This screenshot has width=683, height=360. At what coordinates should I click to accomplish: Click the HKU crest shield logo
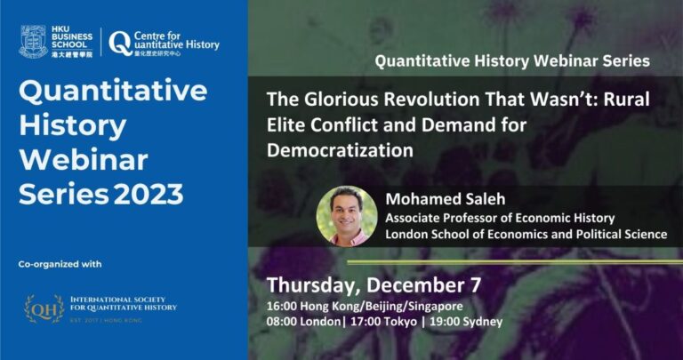click(33, 42)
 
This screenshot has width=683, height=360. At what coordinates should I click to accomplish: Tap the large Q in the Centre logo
click(120, 44)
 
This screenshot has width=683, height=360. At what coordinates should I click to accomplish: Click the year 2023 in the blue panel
click(149, 194)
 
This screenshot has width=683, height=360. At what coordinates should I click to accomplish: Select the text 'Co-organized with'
click(60, 264)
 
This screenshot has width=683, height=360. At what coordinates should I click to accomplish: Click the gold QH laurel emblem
click(44, 308)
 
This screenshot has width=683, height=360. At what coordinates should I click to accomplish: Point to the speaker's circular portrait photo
click(347, 216)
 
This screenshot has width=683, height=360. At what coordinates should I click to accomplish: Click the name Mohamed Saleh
click(446, 199)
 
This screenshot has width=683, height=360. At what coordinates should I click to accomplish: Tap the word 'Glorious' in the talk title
click(333, 100)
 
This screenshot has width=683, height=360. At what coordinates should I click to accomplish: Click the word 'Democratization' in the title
click(340, 150)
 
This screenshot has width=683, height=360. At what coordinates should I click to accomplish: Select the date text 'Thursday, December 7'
click(374, 285)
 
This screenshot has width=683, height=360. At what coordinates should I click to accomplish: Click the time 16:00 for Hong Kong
click(282, 307)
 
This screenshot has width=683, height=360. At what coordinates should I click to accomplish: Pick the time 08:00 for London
click(282, 322)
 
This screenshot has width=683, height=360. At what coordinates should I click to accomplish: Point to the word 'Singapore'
click(436, 307)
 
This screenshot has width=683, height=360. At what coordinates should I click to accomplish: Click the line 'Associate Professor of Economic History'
click(500, 218)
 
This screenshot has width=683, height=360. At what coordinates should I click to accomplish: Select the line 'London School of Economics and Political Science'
click(526, 234)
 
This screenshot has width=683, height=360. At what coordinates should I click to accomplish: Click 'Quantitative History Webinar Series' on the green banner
click(512, 61)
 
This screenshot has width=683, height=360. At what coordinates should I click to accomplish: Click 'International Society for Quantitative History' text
click(124, 303)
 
